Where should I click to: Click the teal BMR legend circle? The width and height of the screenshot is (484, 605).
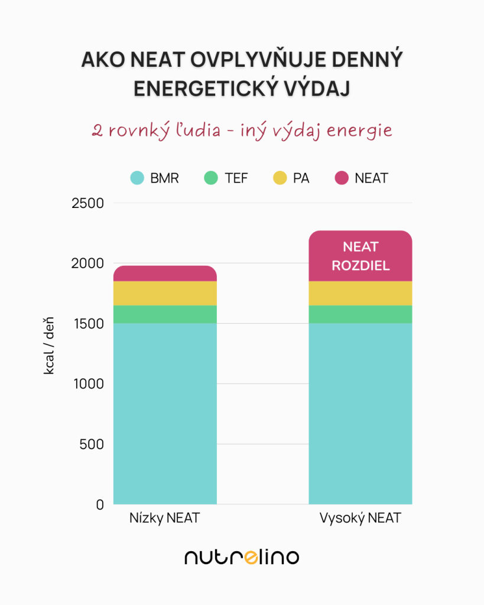tap(138, 178)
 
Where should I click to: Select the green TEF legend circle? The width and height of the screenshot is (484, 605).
tap(212, 178)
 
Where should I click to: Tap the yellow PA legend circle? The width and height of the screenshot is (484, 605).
tap(280, 178)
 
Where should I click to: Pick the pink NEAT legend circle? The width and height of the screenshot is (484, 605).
tap(342, 178)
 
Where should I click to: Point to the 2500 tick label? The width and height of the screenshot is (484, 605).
tap(87, 203)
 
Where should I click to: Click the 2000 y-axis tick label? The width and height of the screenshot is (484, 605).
tap(87, 264)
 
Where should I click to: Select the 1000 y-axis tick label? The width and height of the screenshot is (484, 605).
tap(87, 384)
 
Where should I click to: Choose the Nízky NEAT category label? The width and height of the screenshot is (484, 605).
tap(165, 519)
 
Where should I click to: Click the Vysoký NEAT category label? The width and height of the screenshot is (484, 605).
tap(360, 519)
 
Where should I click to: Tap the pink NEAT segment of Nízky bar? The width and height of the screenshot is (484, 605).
tap(165, 274)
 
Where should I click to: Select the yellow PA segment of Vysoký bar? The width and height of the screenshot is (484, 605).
tap(360, 293)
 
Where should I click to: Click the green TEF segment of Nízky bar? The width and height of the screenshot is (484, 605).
tap(165, 314)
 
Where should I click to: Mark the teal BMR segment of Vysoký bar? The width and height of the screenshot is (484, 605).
tap(360, 414)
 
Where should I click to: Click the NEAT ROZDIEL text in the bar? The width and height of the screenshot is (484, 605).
tap(360, 256)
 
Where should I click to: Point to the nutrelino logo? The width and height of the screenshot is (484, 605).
tap(242, 557)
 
